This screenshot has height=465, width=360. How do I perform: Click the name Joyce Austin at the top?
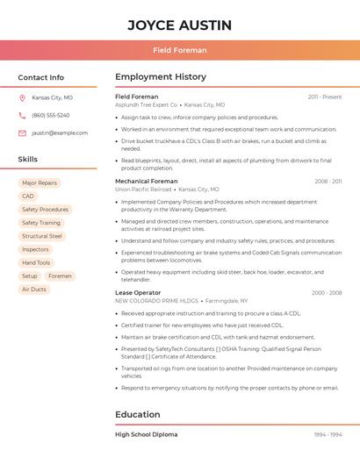pyautogui.click(x=179, y=25)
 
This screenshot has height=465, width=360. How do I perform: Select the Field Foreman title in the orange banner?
pyautogui.click(x=179, y=50)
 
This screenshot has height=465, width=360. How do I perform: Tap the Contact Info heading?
pyautogui.click(x=40, y=77)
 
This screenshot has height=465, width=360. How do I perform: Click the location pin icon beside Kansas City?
pyautogui.click(x=22, y=98)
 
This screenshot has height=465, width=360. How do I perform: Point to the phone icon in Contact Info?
pyautogui.click(x=22, y=116)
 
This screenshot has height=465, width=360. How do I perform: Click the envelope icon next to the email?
pyautogui.click(x=22, y=133)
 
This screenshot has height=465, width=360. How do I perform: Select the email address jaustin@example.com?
pyautogui.click(x=60, y=133)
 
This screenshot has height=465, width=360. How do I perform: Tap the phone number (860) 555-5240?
pyautogui.click(x=51, y=116)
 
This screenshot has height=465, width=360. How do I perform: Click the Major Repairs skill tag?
pyautogui.click(x=40, y=183)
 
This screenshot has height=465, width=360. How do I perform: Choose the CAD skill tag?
pyautogui.click(x=28, y=197)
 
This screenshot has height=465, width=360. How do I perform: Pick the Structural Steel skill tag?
pyautogui.click(x=42, y=236)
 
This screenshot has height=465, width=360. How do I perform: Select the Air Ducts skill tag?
pyautogui.click(x=34, y=290)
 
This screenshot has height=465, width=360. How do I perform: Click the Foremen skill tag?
pyautogui.click(x=61, y=276)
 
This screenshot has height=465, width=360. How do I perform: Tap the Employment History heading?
pyautogui.click(x=161, y=77)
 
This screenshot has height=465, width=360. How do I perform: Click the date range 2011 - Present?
pyautogui.click(x=324, y=97)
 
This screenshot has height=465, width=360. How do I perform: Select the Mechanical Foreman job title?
pyautogui.click(x=146, y=182)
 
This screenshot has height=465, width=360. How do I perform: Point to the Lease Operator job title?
pyautogui.click(x=138, y=292)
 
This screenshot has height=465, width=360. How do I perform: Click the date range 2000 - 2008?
pyautogui.click(x=326, y=293)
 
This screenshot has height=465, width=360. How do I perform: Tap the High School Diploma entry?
pyautogui.click(x=146, y=434)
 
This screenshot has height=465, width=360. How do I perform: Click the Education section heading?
pyautogui.click(x=138, y=414)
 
